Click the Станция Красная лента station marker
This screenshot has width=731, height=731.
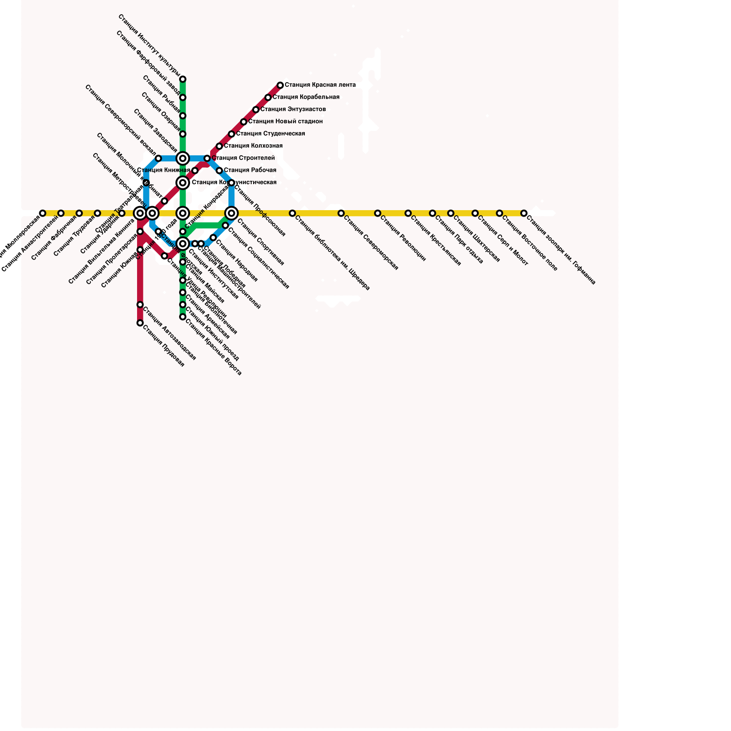pyautogui.click(x=280, y=85)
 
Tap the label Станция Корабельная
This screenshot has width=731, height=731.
pyautogui.click(x=306, y=97)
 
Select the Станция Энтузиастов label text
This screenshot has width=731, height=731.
pyautogui.click(x=293, y=110)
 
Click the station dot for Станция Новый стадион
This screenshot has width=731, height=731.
pyautogui.click(x=244, y=122)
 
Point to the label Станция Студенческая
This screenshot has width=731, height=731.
pyautogui.click(x=270, y=134)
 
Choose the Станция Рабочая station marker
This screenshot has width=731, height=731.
pyautogui.click(x=219, y=171)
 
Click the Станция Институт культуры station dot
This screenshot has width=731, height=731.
pyautogui.click(x=183, y=79)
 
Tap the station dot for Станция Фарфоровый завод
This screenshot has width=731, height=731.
pyautogui.click(x=183, y=98)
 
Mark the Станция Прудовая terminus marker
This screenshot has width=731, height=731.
pyautogui.click(x=140, y=323)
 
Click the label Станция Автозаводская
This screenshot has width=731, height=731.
pyautogui.click(x=169, y=334)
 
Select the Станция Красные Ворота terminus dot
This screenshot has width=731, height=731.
pyautogui.click(x=183, y=317)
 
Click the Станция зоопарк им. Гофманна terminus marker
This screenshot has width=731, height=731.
pyautogui.click(x=524, y=213)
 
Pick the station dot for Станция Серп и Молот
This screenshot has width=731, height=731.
pyautogui.click(x=475, y=213)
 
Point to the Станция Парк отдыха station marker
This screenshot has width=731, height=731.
pyautogui.click(x=432, y=213)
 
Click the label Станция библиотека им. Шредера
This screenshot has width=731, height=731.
pyautogui.click(x=332, y=253)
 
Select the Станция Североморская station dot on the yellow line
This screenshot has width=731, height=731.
pyautogui.click(x=341, y=213)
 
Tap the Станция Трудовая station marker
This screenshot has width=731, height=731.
pyautogui.click(x=97, y=213)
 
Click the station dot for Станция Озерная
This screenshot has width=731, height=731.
pyautogui.click(x=183, y=134)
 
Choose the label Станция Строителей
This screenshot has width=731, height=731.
pyautogui.click(x=243, y=159)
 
